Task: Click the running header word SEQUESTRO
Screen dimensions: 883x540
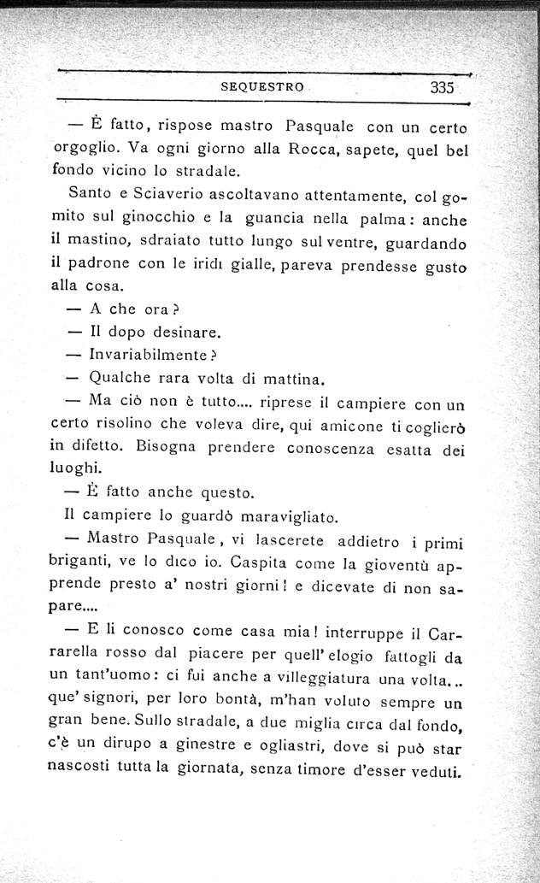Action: click(x=255, y=86)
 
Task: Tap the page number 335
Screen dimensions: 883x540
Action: click(x=441, y=86)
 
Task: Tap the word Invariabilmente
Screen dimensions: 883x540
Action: click(x=147, y=355)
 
